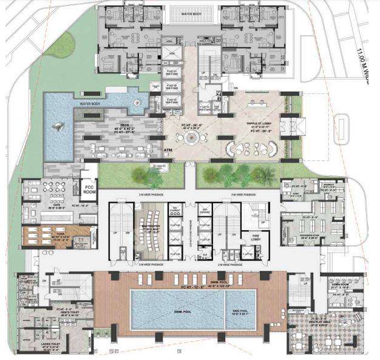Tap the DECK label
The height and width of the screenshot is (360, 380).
tap(120, 126)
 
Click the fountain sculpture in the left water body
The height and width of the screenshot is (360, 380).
tap(59, 126)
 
